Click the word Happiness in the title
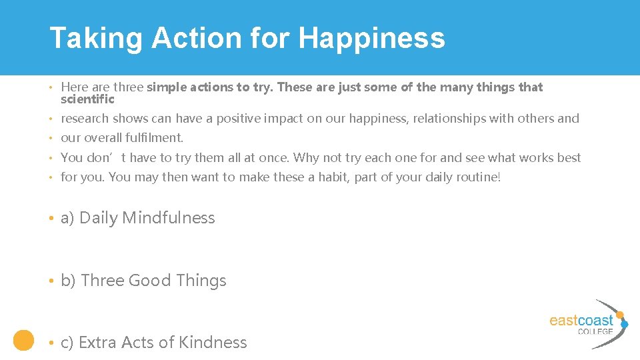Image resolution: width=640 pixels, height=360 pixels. pos(371,38)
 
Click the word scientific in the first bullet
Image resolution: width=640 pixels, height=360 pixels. pos(87,99)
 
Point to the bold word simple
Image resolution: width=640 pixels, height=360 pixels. pos(167,87)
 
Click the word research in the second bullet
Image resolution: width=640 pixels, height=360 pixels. pos(85,119)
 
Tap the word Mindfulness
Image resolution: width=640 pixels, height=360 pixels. pos(169,218)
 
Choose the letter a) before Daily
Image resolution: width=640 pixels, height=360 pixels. pos(67,218)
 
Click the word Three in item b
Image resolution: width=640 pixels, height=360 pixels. pos(102,281)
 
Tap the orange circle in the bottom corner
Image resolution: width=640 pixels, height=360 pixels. pos(24,340)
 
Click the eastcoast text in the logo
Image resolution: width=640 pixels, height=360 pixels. pos(581,320)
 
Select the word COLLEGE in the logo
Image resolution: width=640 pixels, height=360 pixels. pos(595,331)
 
